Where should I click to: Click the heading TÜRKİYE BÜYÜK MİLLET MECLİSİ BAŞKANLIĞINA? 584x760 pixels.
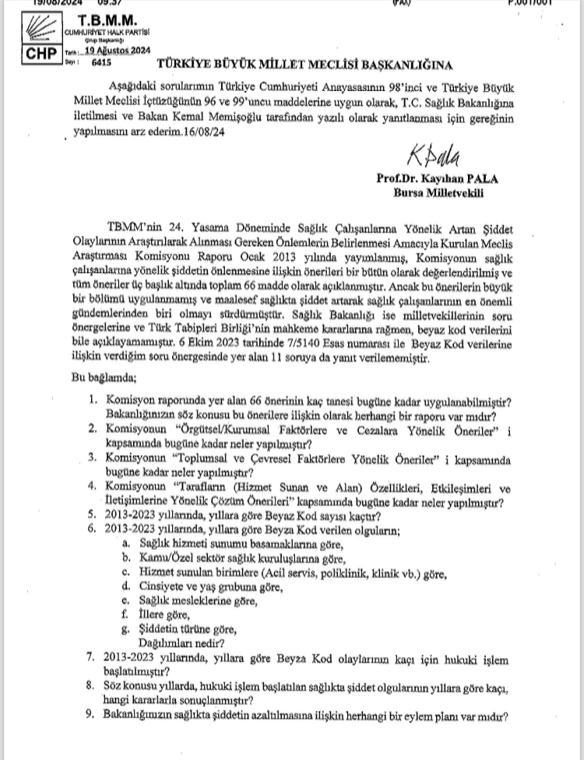304,65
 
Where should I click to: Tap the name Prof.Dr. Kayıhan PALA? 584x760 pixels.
437,178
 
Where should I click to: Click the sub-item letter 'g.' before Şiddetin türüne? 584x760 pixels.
126,629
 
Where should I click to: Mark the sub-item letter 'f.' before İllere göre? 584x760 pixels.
126,614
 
